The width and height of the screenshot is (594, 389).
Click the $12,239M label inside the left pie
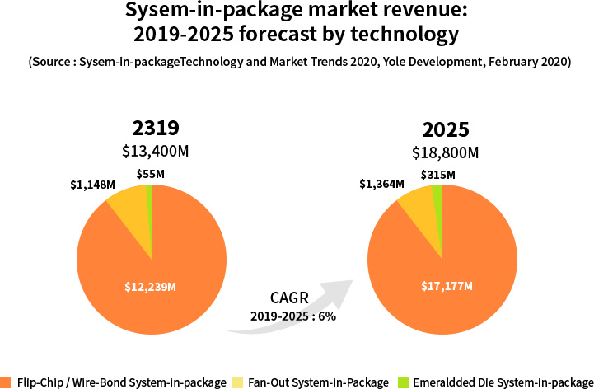[x=151, y=286]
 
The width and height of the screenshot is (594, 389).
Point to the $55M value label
[x=151, y=174]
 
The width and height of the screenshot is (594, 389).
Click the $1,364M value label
[x=381, y=184]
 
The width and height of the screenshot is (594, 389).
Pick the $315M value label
[x=437, y=174]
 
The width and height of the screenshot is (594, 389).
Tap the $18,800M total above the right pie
[x=446, y=152]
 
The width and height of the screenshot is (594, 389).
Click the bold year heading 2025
[x=446, y=129]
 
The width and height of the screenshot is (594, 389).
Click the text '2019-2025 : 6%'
[x=293, y=316]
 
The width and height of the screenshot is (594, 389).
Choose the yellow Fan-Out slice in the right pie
[x=419, y=207]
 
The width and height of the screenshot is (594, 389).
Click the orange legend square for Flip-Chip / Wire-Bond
[x=6, y=382]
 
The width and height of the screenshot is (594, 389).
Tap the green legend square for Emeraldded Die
[x=403, y=382]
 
